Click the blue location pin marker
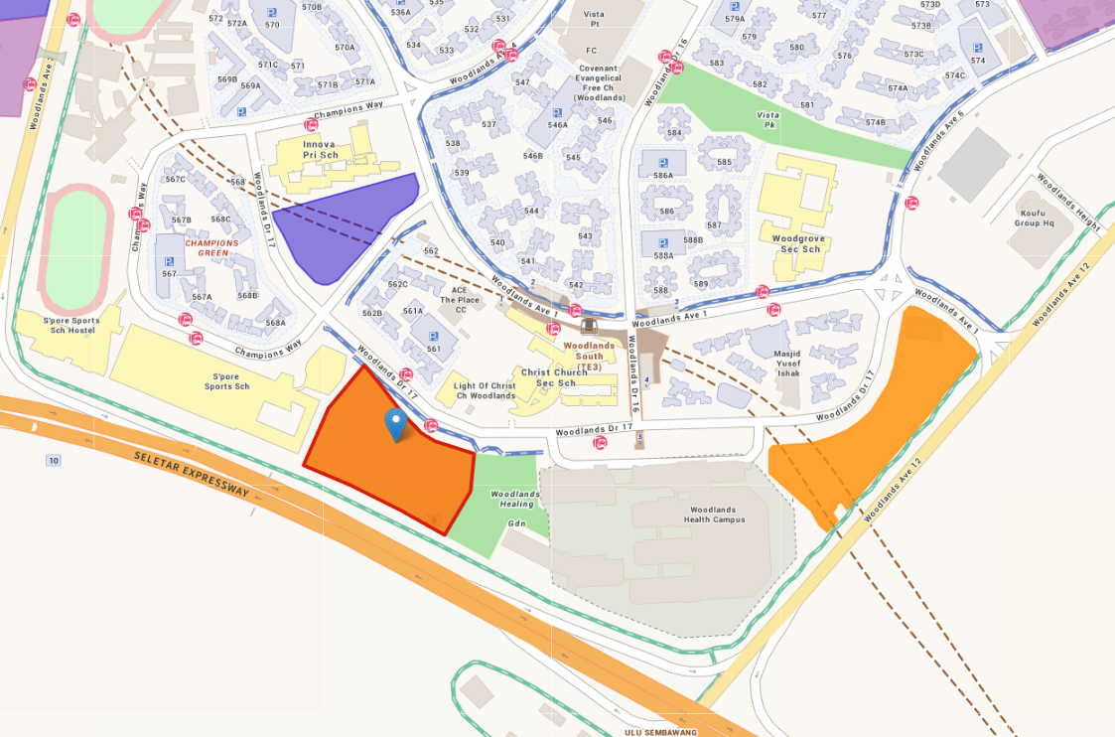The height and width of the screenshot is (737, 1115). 396,423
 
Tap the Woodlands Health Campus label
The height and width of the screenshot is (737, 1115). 714,515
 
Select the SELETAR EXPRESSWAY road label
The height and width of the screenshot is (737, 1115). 192,473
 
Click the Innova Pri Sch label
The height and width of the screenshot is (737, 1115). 321,149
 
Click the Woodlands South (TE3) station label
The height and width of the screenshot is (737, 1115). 590,356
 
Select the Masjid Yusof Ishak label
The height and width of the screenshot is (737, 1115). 787,363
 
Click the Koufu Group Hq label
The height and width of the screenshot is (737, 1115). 1034,218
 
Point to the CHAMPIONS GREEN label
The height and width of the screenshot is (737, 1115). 211,247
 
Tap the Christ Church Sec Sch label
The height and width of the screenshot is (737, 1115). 555,377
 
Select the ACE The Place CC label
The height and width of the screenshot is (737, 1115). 460,300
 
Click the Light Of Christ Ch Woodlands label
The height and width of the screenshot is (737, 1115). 485,390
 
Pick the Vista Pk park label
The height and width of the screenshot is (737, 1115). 767,120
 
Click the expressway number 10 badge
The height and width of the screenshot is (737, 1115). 53,460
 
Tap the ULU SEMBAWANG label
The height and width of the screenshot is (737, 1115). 660,732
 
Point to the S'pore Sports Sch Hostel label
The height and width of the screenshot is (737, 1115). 71,327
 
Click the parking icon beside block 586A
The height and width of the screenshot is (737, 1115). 662,163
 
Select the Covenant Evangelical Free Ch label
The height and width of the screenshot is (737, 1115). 599,83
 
